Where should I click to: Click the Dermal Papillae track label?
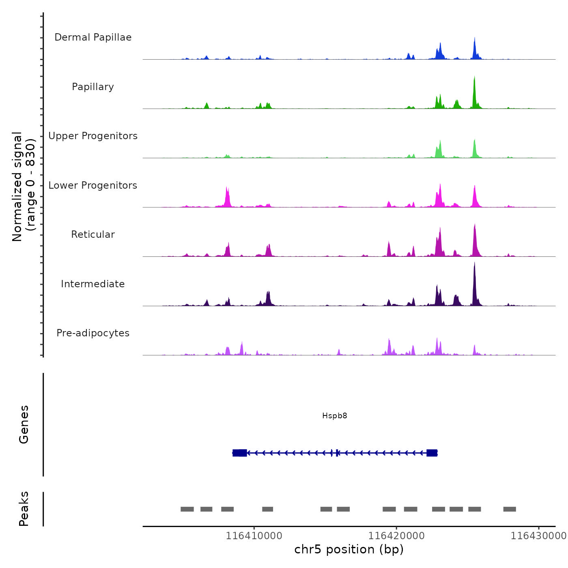93,37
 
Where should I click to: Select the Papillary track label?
93,87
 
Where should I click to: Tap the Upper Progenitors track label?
93,136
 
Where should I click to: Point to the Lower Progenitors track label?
93,185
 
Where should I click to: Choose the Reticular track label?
93,235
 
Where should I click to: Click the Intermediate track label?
93,284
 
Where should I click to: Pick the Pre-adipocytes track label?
93,333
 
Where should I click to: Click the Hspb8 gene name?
335,416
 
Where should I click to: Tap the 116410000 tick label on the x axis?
254,536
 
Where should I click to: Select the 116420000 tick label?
396,536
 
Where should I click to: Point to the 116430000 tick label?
538,536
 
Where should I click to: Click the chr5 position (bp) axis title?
349,549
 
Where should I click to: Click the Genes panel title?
24,424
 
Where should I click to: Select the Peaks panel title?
24,509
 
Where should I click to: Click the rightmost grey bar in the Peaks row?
510,509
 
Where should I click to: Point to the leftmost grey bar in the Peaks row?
187,509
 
